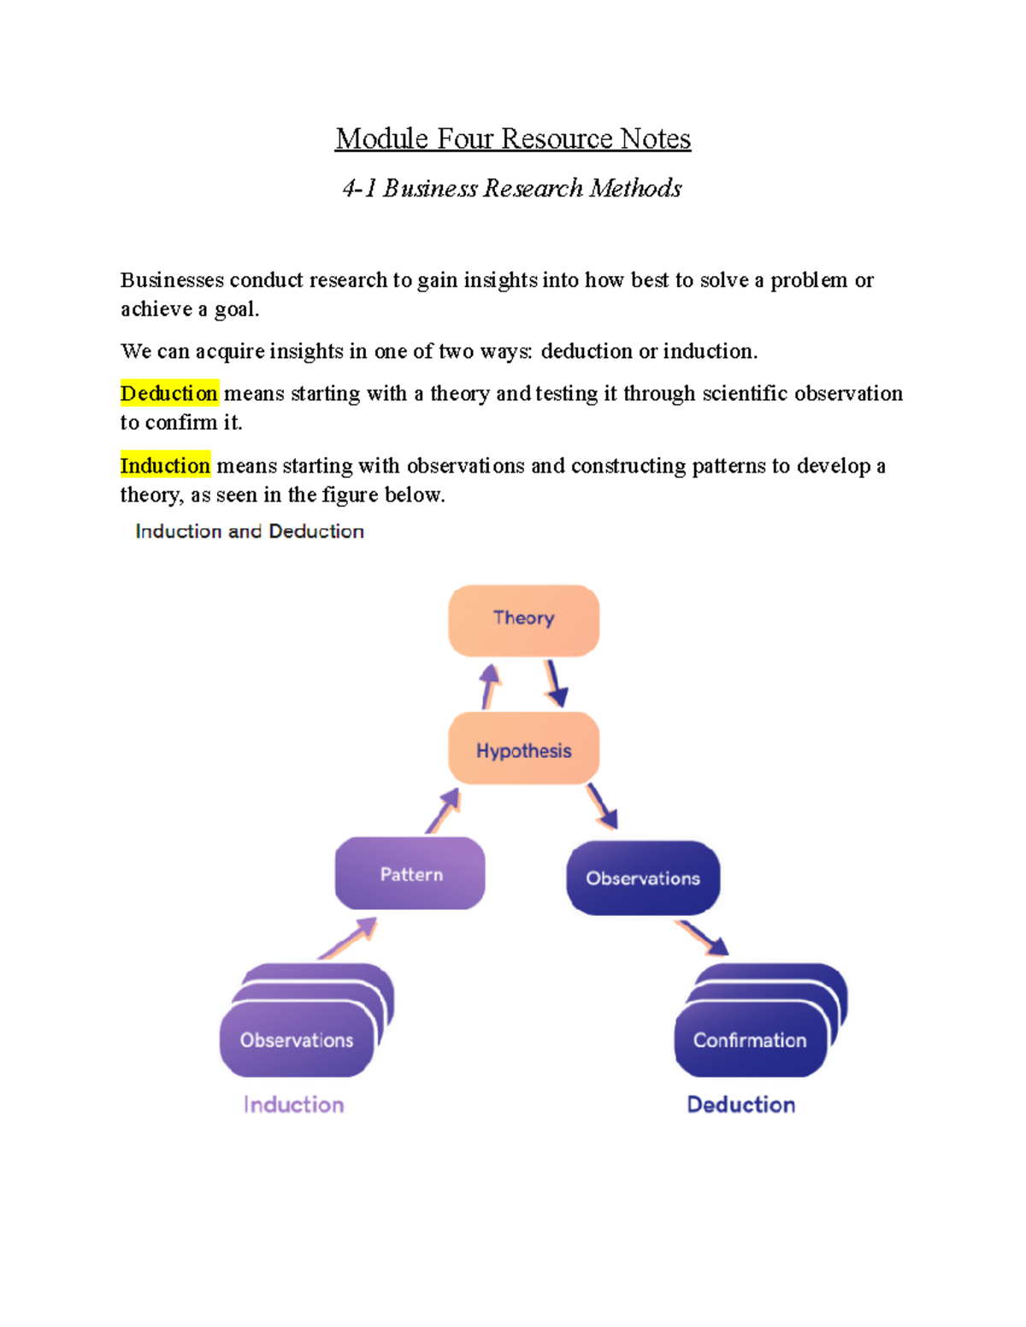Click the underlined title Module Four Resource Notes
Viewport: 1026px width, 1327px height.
513,138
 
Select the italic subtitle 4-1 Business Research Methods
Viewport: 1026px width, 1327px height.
512,188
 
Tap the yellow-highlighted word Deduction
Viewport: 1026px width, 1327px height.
169,393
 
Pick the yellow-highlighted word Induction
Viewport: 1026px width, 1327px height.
165,466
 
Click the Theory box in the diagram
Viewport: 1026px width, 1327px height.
523,619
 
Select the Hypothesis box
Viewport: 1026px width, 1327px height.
523,749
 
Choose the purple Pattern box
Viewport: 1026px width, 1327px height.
410,873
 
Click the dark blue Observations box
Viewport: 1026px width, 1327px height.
643,878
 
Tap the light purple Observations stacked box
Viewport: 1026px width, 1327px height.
297,1038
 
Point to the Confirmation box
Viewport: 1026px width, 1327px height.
750,1038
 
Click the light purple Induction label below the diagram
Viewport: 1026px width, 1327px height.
294,1104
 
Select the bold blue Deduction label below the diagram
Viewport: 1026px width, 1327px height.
741,1104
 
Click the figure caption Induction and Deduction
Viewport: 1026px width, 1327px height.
250,531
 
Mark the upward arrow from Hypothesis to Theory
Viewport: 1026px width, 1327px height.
490,685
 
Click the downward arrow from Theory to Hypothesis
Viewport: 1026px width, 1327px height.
556,684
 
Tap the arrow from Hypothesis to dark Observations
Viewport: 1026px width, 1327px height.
602,807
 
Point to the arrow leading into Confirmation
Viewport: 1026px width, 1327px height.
703,937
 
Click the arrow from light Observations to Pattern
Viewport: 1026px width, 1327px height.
349,937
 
